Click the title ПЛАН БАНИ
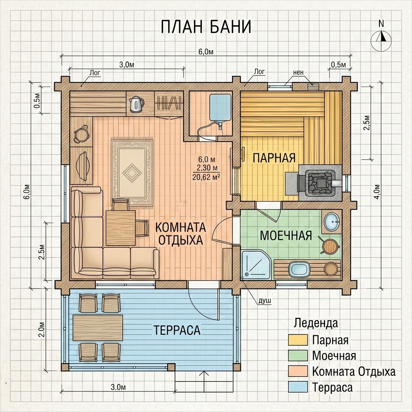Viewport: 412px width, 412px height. pos(206,27)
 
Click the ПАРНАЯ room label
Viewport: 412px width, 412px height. pos(274,158)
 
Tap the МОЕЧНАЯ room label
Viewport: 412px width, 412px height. pos(286,235)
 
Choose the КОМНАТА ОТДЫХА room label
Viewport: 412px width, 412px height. pos(181,234)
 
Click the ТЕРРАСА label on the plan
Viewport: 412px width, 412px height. pos(177,330)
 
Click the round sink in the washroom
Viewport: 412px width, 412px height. pos(332,222)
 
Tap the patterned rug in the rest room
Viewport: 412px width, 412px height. pos(132,173)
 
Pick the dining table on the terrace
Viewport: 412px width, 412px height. pos(98,328)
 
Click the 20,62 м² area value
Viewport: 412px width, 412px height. pos(206,177)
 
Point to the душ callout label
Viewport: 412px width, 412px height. pos(265,301)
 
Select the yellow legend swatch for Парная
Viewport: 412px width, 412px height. pos(298,340)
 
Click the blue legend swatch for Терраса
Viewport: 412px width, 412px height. pos(298,387)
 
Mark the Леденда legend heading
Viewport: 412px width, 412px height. pos(316,323)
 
